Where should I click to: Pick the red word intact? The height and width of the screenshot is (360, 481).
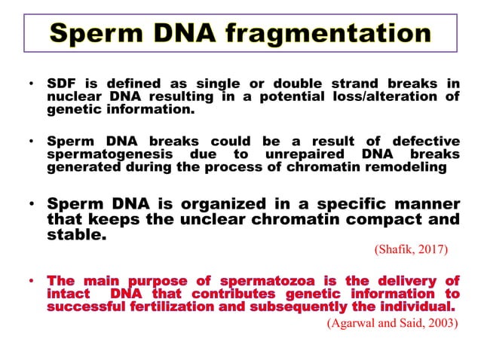(x=67, y=294)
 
